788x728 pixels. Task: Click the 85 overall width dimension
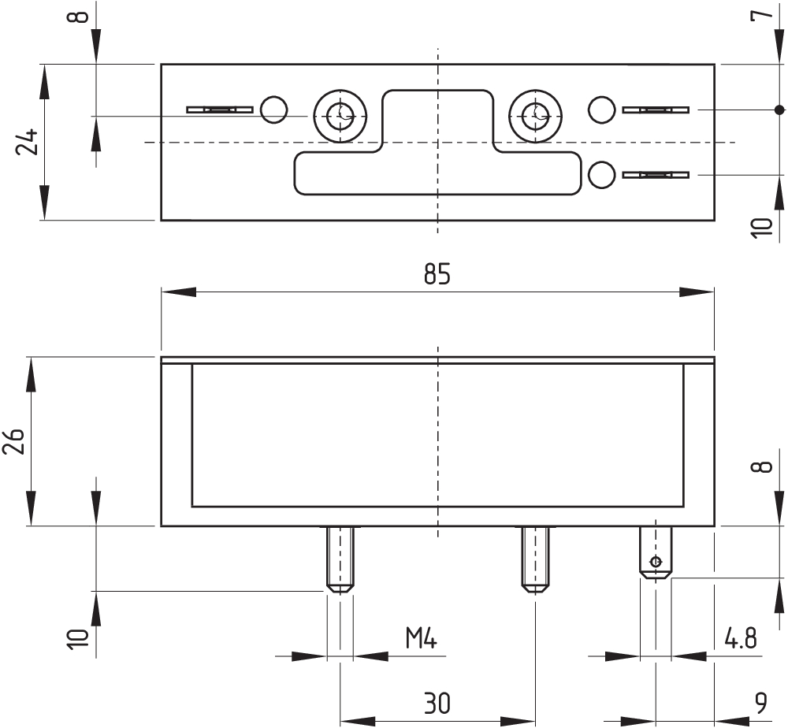point(437,274)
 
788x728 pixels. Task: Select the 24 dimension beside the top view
point(27,142)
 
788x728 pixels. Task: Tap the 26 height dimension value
point(13,442)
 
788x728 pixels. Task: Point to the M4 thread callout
point(422,638)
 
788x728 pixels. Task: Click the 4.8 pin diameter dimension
point(740,638)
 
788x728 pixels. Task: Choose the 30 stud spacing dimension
point(437,703)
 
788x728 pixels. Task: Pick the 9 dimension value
point(761,703)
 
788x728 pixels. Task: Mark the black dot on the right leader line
point(779,110)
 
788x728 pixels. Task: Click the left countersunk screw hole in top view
point(340,116)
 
